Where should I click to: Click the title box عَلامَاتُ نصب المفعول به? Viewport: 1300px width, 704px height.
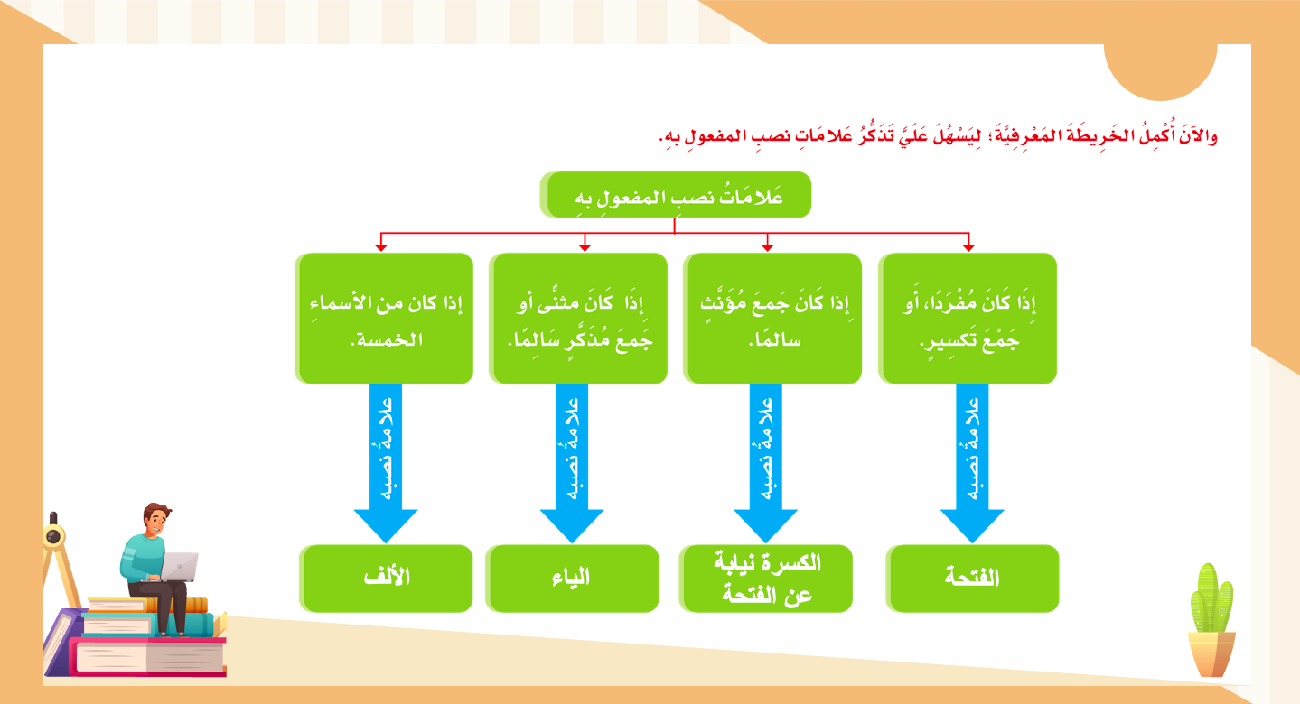(x=676, y=195)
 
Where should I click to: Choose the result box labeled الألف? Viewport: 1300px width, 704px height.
(x=387, y=579)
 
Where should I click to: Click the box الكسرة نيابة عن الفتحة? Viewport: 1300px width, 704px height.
(x=768, y=579)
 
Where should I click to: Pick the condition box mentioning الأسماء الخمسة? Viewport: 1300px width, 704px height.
(x=385, y=319)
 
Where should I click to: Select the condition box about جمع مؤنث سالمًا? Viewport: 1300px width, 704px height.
(x=772, y=319)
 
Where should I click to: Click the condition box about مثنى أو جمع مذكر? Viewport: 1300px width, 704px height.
(x=579, y=319)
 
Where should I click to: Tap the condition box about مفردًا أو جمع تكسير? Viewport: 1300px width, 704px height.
(x=968, y=319)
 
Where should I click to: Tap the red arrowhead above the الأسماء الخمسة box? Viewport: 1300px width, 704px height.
(x=381, y=245)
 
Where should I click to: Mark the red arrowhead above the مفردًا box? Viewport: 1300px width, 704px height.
(x=968, y=245)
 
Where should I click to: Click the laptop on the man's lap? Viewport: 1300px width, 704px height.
(x=181, y=565)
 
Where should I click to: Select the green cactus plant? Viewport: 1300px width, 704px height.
(x=1211, y=599)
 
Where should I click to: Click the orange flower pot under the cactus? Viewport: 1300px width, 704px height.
(x=1211, y=653)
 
